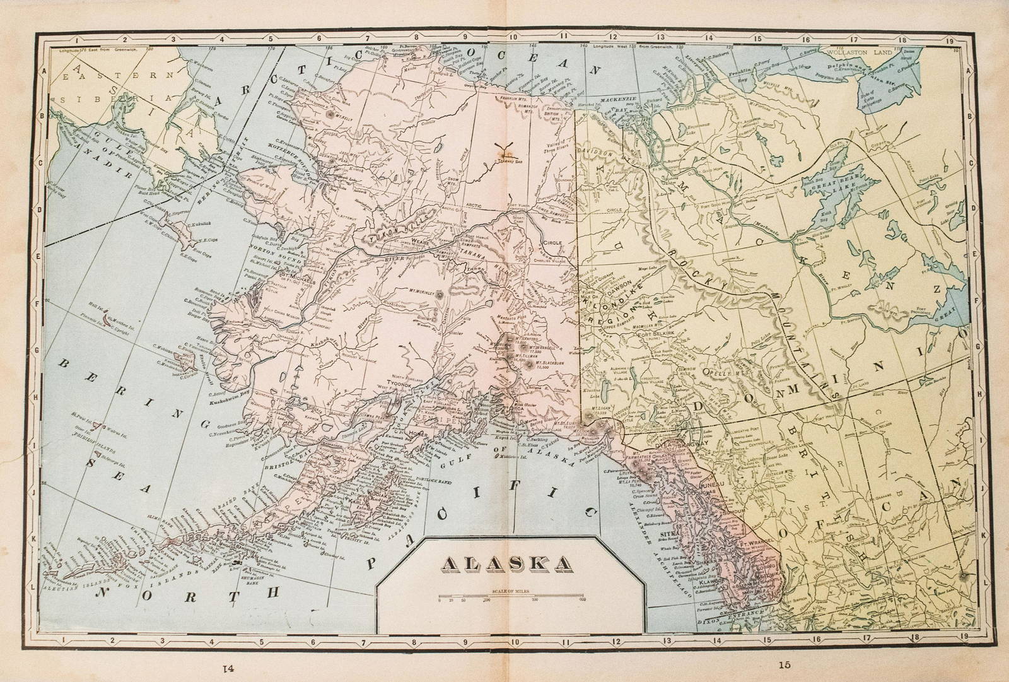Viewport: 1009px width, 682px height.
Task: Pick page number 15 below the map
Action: tap(784, 664)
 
